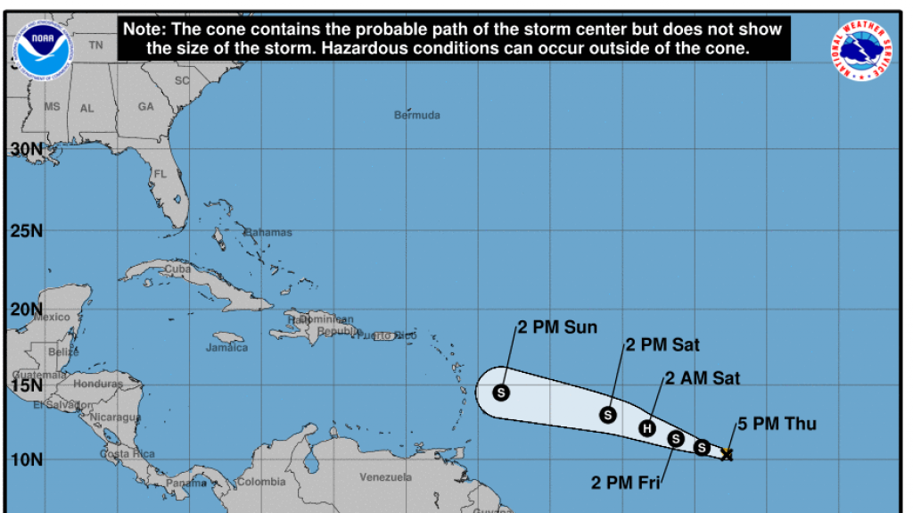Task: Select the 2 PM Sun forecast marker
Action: click(x=501, y=392)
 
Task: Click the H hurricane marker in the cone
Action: click(x=648, y=428)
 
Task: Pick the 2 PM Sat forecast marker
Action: click(x=608, y=415)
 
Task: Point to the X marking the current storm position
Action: click(x=727, y=454)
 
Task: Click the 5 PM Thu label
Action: click(x=777, y=425)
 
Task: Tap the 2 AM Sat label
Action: click(x=701, y=378)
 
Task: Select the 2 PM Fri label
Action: click(x=626, y=484)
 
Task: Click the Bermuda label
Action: click(x=417, y=115)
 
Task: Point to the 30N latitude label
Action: click(x=26, y=148)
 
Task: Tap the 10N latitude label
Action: click(x=26, y=459)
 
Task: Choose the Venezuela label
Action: click(x=386, y=477)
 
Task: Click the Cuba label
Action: click(x=177, y=269)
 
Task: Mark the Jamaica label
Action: click(x=226, y=347)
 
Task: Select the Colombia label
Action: click(x=261, y=482)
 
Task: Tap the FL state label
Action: click(x=160, y=174)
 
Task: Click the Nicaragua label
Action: click(x=115, y=417)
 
